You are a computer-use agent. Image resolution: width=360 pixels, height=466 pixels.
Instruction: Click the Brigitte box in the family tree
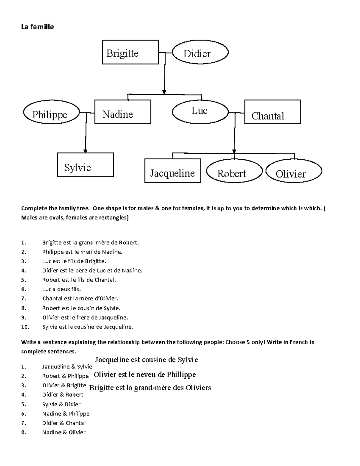130,52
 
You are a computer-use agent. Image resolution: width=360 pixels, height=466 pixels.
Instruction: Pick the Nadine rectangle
123,112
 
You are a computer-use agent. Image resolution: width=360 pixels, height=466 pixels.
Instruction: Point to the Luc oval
200,111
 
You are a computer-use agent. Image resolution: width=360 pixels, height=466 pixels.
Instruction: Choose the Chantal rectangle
272,112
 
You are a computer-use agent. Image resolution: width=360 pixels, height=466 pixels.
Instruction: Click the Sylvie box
85,165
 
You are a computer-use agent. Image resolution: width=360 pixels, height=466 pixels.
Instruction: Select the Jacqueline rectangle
172,171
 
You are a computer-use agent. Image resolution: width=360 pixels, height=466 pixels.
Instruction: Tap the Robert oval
234,171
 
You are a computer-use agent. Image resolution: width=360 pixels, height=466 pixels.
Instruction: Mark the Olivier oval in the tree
294,171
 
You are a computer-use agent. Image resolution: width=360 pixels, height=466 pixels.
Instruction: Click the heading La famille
37,27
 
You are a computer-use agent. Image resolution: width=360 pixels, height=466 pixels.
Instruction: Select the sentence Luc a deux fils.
61,289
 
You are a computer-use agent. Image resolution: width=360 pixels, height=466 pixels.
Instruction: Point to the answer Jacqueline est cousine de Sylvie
146,359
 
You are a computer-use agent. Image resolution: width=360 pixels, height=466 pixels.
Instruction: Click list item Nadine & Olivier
64,432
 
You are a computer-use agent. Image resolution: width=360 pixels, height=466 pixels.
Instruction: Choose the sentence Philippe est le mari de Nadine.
82,252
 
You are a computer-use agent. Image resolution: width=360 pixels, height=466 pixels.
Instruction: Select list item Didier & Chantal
64,423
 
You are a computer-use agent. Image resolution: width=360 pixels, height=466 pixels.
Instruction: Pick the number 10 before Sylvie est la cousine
24,327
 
